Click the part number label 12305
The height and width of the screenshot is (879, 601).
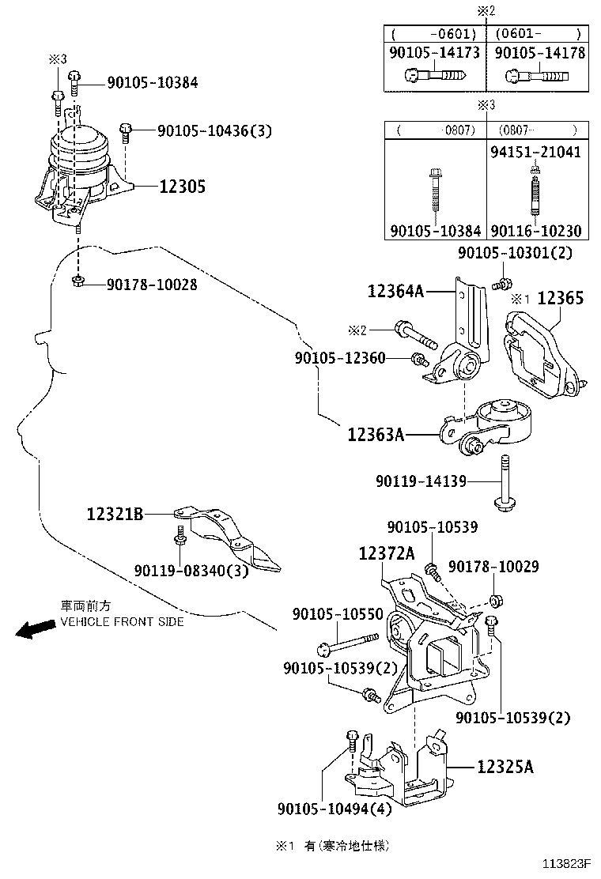coord(182,187)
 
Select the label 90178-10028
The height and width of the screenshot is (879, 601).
coord(152,284)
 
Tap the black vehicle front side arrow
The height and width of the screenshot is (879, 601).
coord(32,629)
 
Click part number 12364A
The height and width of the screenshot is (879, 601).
coord(395,292)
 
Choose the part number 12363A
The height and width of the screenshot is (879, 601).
coord(376,434)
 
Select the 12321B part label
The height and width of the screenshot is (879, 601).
coord(115,515)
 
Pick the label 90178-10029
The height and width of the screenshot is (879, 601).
coord(493,566)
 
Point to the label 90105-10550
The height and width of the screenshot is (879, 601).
coord(338,613)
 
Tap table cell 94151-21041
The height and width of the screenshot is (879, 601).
coord(535,151)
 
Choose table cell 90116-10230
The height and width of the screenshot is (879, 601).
coord(535,231)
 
